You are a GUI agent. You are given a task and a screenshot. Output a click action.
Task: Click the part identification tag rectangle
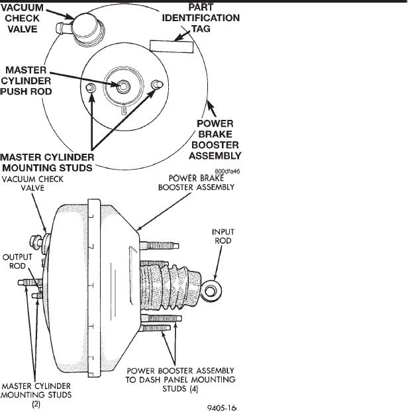(172, 46)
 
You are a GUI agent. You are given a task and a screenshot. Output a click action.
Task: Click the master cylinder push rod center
(124, 86)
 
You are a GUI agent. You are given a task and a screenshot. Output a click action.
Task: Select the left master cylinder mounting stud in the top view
(92, 88)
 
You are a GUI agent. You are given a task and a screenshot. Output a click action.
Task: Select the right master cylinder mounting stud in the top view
(156, 85)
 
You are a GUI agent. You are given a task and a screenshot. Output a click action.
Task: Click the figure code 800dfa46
(226, 171)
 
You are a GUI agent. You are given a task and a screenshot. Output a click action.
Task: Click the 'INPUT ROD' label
(223, 236)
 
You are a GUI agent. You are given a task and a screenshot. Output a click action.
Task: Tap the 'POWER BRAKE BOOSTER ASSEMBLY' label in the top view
(215, 140)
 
